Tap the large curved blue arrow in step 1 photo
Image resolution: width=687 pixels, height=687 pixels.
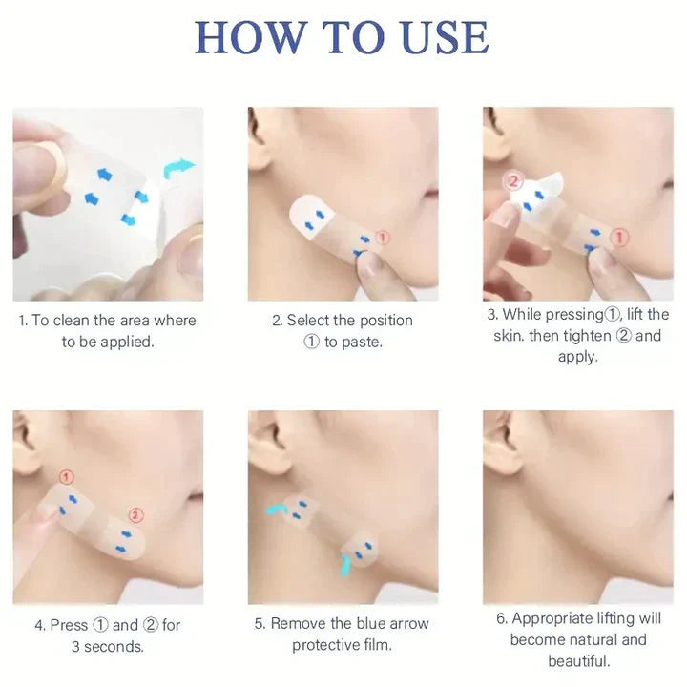[x=178, y=169]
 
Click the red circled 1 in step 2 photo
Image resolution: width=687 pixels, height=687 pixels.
[x=383, y=238]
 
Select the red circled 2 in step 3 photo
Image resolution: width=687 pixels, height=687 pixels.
[x=514, y=181]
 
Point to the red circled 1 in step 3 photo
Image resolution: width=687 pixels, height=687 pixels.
[x=619, y=238]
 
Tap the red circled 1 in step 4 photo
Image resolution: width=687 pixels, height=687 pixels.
[x=66, y=477]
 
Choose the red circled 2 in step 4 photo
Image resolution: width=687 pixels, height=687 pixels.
[x=135, y=515]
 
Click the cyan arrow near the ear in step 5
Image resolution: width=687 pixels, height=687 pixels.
[x=275, y=509]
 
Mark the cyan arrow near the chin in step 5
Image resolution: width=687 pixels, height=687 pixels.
[x=344, y=565]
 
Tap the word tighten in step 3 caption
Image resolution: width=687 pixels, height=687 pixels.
[x=587, y=336]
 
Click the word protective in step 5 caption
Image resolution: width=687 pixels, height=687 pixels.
[x=326, y=645]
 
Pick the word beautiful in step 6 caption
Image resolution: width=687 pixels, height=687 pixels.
[x=579, y=660]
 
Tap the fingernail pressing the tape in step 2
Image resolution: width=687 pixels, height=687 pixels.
[x=371, y=265]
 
